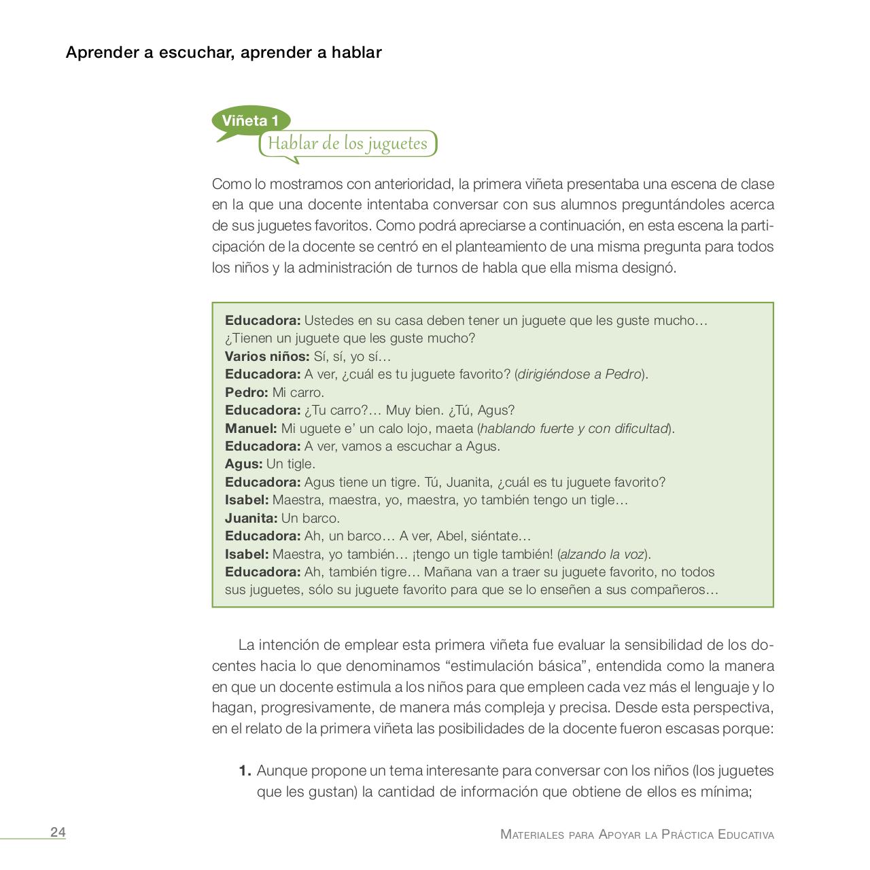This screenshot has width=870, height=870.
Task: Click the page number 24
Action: point(58,833)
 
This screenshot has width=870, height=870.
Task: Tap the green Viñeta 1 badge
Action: point(250,121)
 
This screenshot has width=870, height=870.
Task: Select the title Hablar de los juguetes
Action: point(347,143)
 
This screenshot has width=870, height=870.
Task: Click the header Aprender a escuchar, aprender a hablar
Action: point(224,52)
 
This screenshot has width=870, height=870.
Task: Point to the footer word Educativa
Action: point(746,835)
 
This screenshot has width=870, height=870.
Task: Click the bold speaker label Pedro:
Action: point(246,392)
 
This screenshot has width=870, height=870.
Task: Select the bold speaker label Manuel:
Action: point(251,428)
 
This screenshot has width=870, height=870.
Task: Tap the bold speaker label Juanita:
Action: point(251,518)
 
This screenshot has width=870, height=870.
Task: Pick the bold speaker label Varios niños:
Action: point(267,356)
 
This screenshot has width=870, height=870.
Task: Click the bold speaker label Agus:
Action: point(243,464)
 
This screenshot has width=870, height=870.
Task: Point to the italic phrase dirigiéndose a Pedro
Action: point(580,374)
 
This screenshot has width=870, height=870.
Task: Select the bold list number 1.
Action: point(245,771)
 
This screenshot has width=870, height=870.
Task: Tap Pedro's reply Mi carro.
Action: point(298,392)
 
